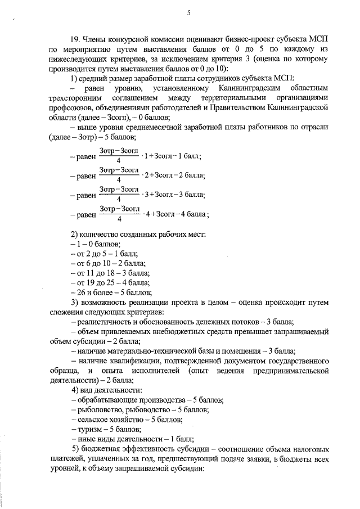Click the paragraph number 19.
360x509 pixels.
tap(76, 39)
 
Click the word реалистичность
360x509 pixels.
tap(103, 322)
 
